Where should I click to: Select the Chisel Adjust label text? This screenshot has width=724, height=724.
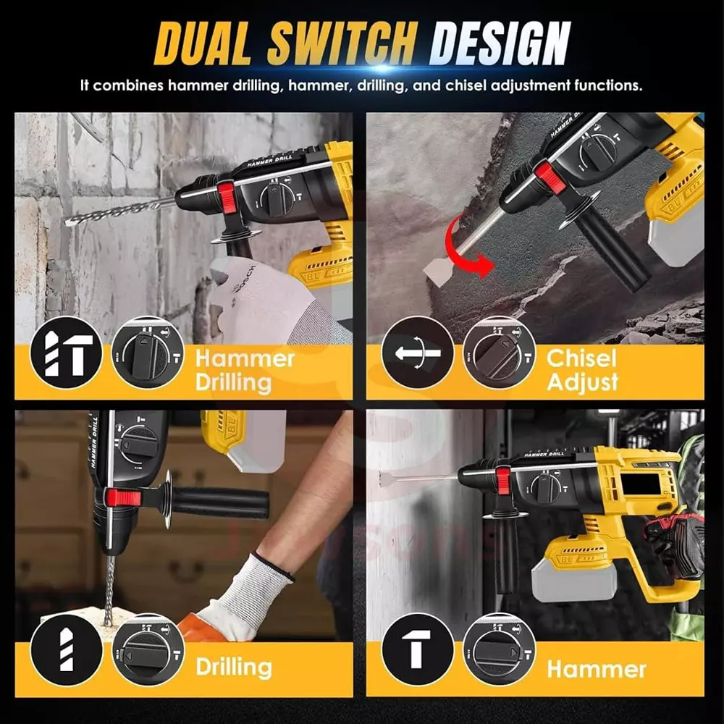[582, 369]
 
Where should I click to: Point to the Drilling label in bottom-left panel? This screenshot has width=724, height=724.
[233, 666]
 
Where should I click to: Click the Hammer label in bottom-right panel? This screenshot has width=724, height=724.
[597, 668]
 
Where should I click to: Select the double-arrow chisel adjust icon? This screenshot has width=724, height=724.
[418, 353]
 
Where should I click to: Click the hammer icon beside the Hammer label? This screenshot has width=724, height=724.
[418, 649]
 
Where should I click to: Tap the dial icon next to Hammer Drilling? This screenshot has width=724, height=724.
[148, 353]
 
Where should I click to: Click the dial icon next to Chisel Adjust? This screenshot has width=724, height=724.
[499, 353]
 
